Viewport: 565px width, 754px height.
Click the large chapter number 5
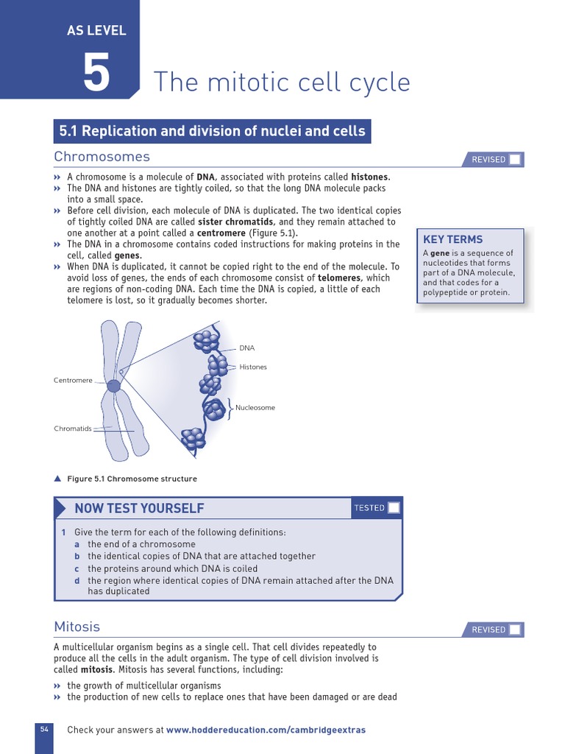pyautogui.click(x=96, y=72)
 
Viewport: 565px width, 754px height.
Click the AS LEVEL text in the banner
pyautogui.click(x=96, y=30)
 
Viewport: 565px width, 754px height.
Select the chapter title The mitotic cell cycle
pyautogui.click(x=281, y=82)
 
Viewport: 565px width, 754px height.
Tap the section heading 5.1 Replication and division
pyautogui.click(x=212, y=131)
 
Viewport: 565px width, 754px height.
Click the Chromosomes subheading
pyautogui.click(x=102, y=156)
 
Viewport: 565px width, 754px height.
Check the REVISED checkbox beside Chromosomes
pyautogui.click(x=515, y=160)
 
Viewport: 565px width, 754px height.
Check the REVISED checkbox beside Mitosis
pyautogui.click(x=515, y=630)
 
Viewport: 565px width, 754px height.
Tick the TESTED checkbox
pyautogui.click(x=394, y=507)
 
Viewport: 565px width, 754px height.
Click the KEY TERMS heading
pyautogui.click(x=452, y=239)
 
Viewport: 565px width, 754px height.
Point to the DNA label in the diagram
pyautogui.click(x=246, y=348)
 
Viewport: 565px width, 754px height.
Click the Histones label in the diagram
pyautogui.click(x=253, y=367)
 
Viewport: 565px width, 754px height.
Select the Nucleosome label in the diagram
pyautogui.click(x=255, y=407)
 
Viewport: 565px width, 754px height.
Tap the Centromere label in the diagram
pyautogui.click(x=73, y=380)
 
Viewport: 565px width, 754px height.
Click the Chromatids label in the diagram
pyautogui.click(x=73, y=428)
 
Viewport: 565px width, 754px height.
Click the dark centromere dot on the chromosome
pyautogui.click(x=113, y=386)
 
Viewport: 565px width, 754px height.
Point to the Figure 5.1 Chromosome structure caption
pyautogui.click(x=132, y=479)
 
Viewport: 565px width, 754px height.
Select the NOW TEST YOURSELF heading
pyautogui.click(x=139, y=508)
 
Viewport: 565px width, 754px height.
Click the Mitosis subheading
pyautogui.click(x=77, y=627)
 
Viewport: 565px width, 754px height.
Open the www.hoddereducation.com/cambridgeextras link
pyautogui.click(x=266, y=730)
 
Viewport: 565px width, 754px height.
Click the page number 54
pyautogui.click(x=44, y=729)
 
